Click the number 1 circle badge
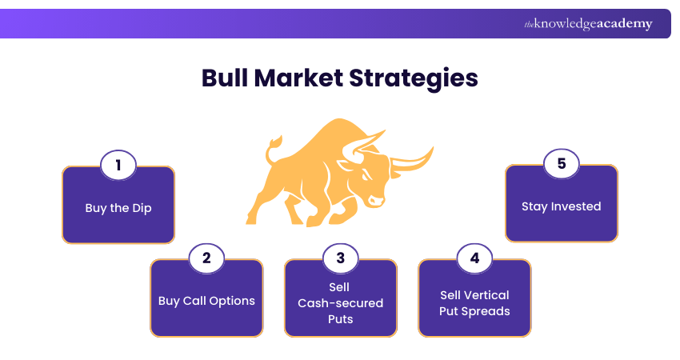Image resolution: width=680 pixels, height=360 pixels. pos(118,166)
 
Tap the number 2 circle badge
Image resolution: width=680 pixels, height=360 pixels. pos(206,258)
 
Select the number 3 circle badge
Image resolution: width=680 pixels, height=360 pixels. pos(341,258)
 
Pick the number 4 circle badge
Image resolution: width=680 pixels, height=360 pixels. pos(474,258)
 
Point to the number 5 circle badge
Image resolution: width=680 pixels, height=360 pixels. pos(561,164)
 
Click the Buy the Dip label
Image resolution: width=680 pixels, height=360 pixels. pos(118,208)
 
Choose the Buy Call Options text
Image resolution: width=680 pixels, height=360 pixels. pos(206,302)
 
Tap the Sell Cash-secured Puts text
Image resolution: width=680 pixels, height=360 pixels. pos(341,302)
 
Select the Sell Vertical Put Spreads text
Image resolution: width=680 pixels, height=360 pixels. pos(474,302)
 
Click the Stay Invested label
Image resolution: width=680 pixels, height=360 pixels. pos(561,206)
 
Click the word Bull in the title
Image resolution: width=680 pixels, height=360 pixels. pos(226,78)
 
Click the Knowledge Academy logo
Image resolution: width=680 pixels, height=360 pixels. pos(588,24)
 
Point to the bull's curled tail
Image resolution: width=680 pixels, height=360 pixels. pos(274,145)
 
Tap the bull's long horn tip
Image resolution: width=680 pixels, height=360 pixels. pos(430,150)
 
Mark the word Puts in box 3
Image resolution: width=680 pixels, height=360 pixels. pos(341,319)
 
